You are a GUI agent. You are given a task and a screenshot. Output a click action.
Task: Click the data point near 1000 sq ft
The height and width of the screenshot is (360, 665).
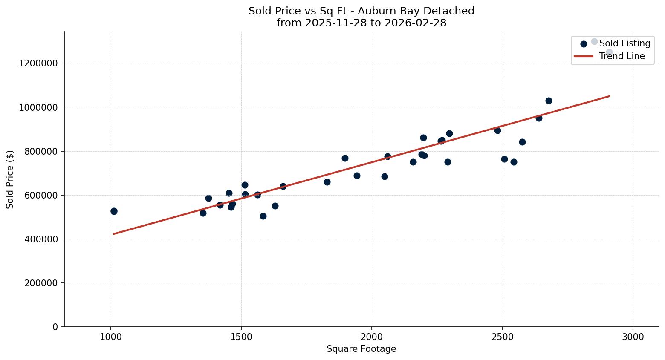114,211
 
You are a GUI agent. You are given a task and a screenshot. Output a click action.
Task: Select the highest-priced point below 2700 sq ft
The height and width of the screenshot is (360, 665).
549,101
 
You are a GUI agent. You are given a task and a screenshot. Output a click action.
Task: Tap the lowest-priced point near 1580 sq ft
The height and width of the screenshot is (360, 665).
263,216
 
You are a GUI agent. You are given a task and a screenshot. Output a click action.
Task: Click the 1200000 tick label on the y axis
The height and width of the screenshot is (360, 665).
38,63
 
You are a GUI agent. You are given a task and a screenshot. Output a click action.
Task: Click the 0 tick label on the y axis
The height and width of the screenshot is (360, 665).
55,327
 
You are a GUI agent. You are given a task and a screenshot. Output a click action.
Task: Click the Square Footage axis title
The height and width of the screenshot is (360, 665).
361,349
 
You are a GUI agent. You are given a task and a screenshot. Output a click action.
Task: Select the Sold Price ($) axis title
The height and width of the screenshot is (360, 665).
10,179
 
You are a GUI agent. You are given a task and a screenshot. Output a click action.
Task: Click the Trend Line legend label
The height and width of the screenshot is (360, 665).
622,56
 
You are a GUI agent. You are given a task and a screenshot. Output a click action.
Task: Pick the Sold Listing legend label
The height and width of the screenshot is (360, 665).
625,43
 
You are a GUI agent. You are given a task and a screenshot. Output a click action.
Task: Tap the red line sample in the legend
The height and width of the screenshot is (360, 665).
584,56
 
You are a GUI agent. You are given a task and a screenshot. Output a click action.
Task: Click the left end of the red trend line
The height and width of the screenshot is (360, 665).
114,234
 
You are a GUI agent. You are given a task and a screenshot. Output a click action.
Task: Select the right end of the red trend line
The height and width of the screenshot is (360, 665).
610,96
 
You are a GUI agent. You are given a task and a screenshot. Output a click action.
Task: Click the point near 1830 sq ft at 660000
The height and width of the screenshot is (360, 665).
327,182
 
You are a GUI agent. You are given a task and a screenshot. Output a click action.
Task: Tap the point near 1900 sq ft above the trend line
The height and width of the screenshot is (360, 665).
345,158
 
